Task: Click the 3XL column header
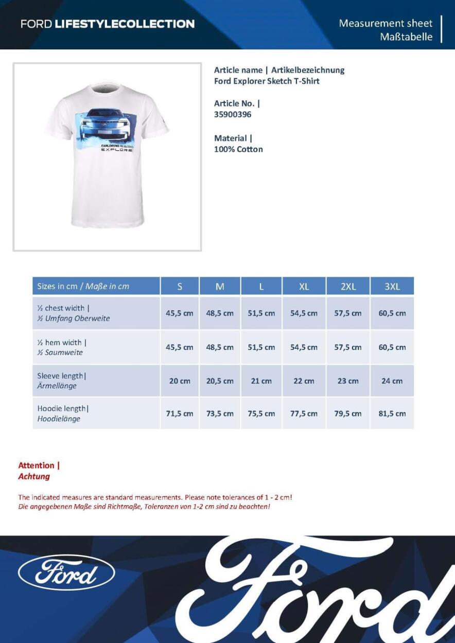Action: coord(392,287)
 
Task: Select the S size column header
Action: coord(180,287)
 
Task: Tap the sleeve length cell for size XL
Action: coord(304,381)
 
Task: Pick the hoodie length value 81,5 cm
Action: coord(392,414)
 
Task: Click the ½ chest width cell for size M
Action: coord(220,313)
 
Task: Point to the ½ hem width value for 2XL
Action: coord(348,347)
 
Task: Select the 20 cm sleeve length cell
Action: coord(180,381)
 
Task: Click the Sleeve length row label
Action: coord(62,381)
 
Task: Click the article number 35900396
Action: coord(233,115)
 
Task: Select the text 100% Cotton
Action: coord(238,150)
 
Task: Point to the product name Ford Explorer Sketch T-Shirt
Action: coord(267,81)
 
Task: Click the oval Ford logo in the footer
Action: coord(66,573)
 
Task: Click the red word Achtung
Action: coord(34,477)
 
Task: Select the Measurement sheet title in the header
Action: coord(386,23)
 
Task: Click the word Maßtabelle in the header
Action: coord(406,37)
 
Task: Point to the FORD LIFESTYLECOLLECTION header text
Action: coord(108,24)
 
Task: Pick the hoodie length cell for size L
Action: coord(261,414)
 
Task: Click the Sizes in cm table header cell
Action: coord(96,287)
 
